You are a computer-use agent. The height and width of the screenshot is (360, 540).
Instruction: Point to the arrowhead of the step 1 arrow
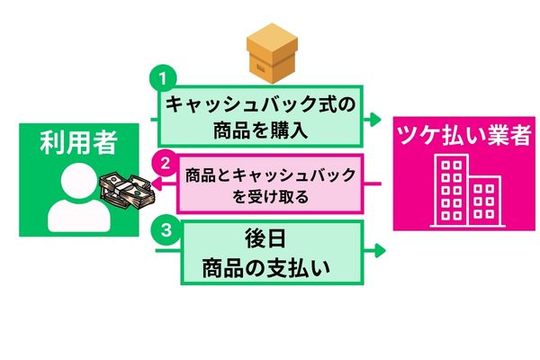378,119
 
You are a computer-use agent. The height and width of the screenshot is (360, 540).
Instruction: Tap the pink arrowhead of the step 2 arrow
153,184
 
